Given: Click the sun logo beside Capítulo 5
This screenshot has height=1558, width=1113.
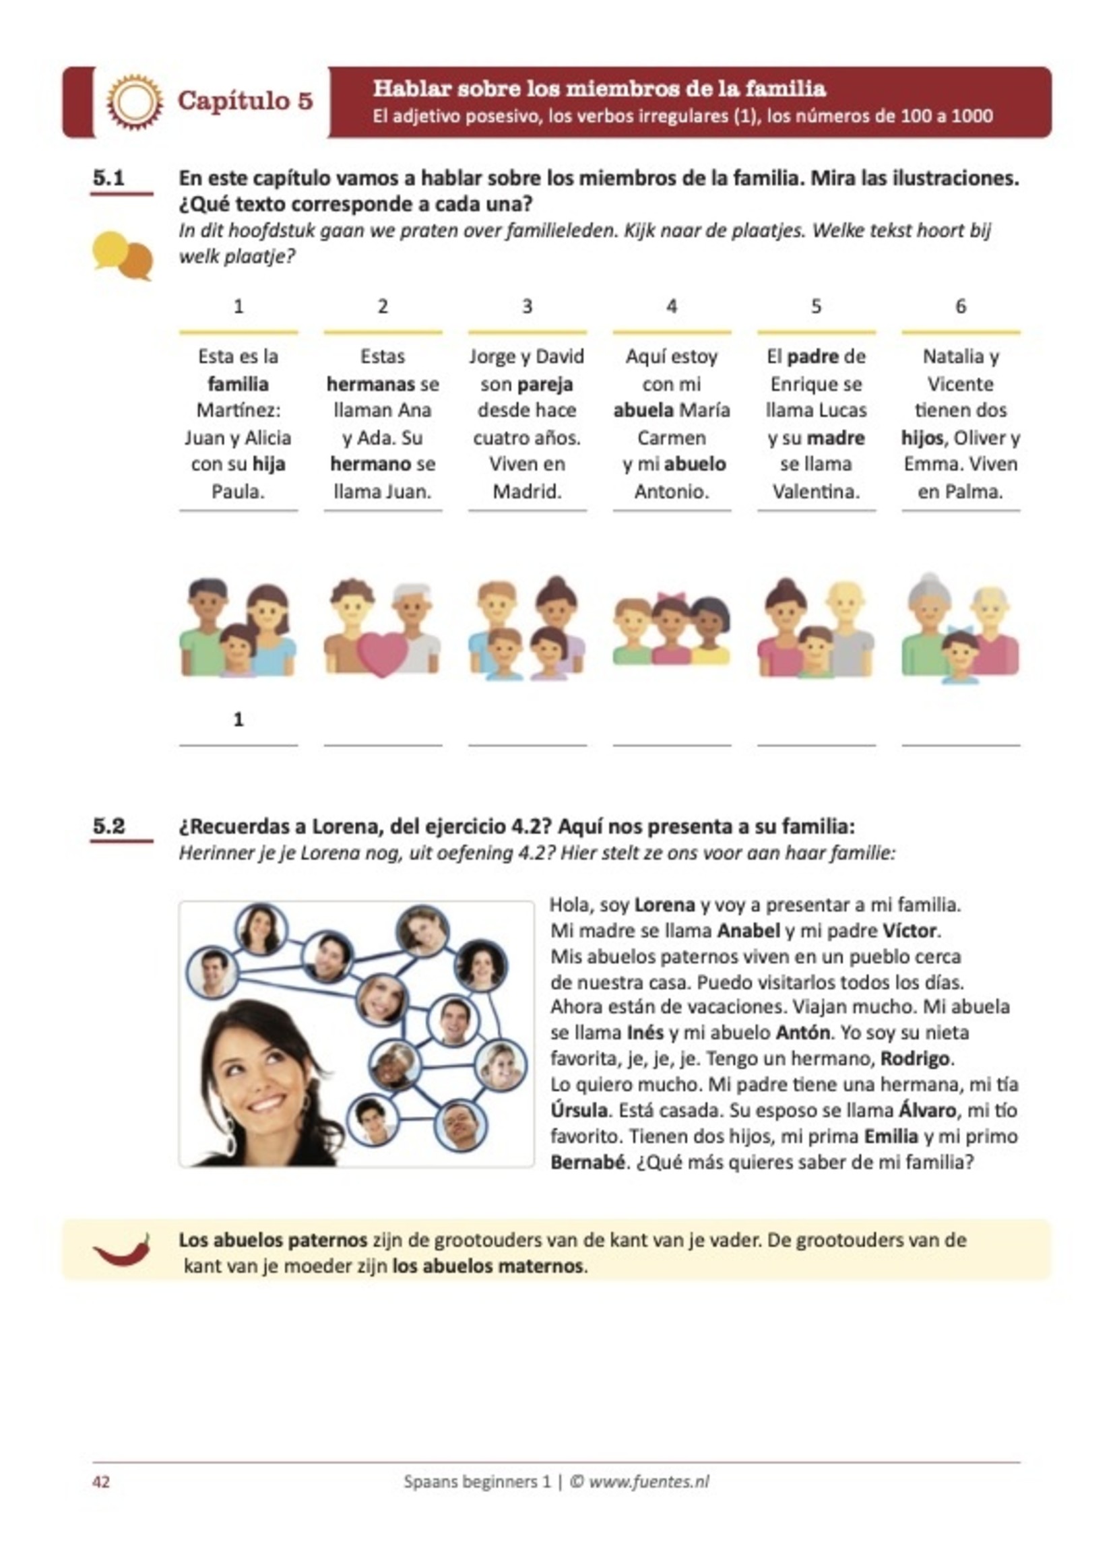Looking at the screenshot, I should click(134, 102).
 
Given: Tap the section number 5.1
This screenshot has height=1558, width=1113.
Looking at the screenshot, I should click(109, 178).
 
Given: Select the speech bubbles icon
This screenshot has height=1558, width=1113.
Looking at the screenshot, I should click(122, 255).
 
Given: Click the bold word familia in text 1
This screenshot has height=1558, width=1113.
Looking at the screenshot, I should click(238, 384).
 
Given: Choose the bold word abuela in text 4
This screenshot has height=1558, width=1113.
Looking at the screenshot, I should click(643, 410).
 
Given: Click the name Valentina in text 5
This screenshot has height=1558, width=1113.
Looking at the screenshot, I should click(816, 491).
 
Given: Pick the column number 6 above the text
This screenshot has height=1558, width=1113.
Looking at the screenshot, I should click(960, 306).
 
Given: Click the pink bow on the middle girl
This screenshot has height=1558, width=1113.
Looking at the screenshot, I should click(672, 597).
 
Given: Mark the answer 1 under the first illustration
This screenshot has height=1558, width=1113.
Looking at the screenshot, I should click(238, 719).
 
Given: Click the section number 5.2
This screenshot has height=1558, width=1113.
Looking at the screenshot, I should click(109, 826).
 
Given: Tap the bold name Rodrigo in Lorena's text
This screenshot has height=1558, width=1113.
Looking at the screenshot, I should click(914, 1058).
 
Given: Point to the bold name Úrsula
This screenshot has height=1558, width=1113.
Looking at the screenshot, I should click(579, 1111).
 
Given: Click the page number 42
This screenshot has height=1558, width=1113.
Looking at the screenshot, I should click(101, 1482).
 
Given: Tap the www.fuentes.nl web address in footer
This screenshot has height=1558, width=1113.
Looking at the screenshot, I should click(648, 1482).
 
